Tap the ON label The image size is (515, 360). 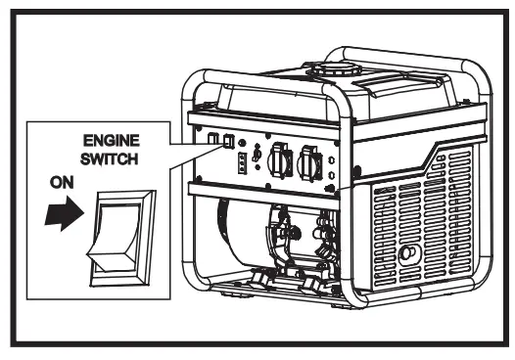(56, 181)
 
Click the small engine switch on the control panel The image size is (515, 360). (227, 141)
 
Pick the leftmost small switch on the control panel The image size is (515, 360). (211, 139)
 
